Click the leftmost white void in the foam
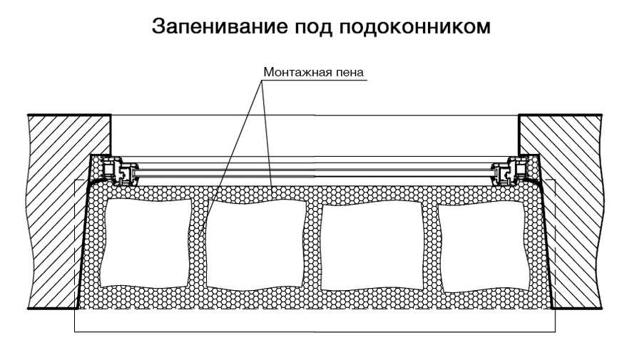click(x=146, y=242)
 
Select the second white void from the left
click(x=255, y=245)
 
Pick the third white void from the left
click(x=372, y=245)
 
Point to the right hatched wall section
click(x=567, y=212)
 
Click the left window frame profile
click(x=120, y=171)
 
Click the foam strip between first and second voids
click(x=199, y=244)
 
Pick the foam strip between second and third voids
click(x=314, y=245)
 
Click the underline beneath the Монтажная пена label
click(x=314, y=80)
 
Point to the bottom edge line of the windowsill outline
click(x=315, y=331)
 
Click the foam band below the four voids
click(x=315, y=299)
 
